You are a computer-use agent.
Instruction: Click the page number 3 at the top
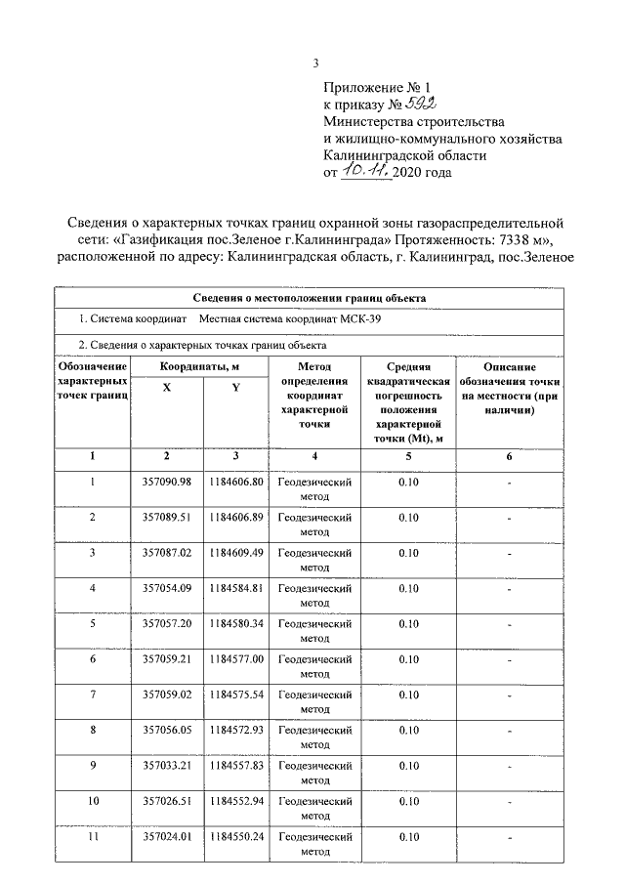[315, 64]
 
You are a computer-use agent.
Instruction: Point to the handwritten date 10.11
[365, 171]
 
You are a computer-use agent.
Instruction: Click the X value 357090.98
[166, 482]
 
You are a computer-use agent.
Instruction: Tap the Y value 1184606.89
[235, 517]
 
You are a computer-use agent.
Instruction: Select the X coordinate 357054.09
[166, 588]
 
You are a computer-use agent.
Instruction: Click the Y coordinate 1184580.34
[235, 623]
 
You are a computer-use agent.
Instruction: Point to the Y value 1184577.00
[235, 659]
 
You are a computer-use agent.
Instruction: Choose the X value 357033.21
[166, 766]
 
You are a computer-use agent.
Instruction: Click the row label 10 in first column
[92, 801]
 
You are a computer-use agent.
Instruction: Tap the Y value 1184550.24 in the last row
[235, 836]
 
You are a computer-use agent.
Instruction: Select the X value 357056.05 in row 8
[166, 730]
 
